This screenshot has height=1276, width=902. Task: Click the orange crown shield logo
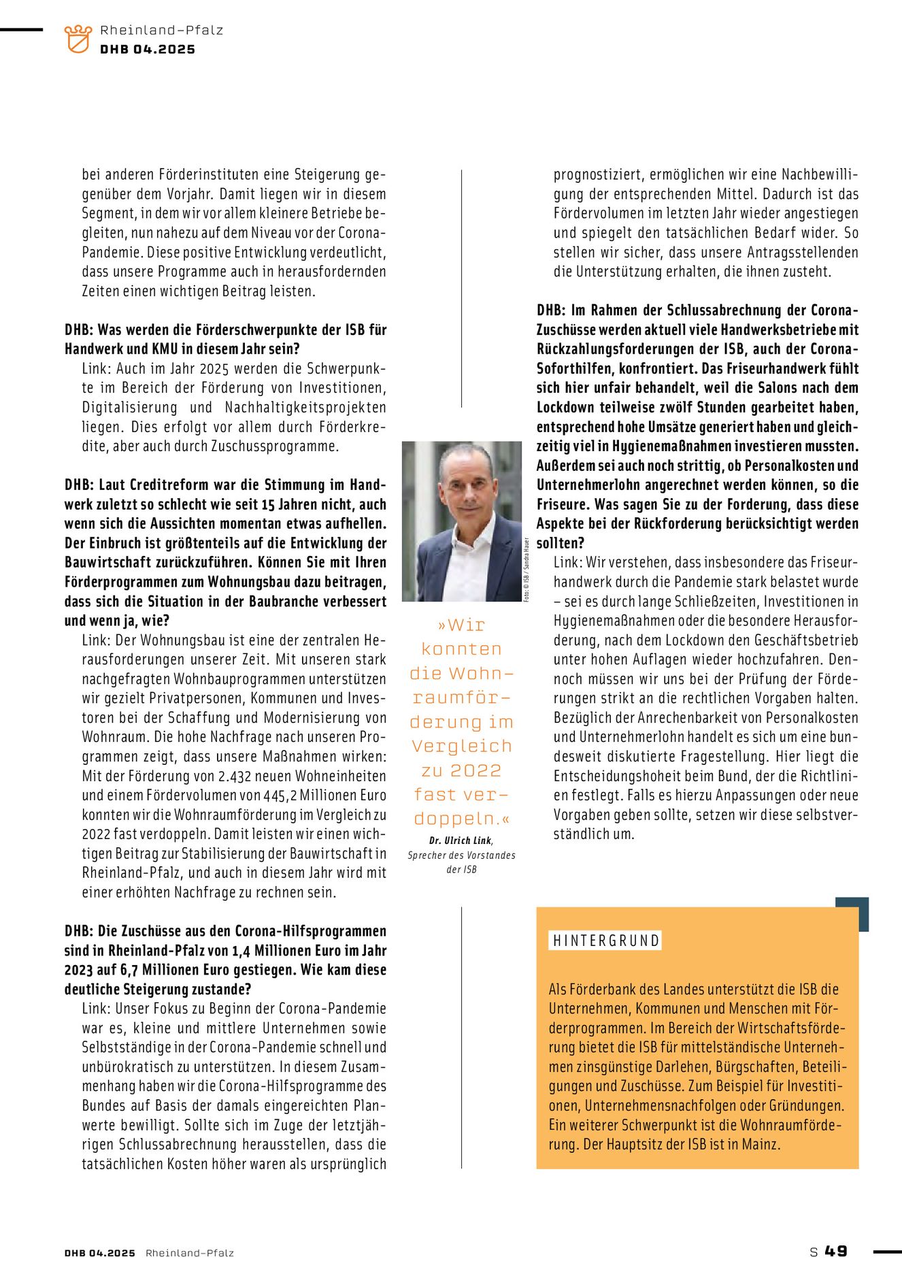click(78, 39)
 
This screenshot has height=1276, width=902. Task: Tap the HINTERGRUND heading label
click(605, 940)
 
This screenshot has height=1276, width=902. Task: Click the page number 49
click(836, 1251)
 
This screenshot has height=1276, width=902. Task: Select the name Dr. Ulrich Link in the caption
click(461, 840)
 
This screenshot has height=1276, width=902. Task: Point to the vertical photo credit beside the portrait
click(527, 569)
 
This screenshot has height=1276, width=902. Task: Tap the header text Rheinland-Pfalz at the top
click(161, 30)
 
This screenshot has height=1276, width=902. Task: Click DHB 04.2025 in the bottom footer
click(100, 1253)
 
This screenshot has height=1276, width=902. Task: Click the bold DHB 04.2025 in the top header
click(148, 49)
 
